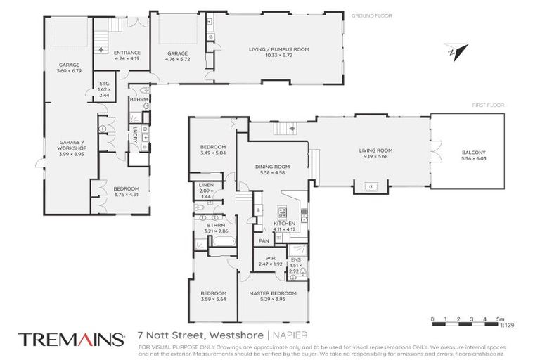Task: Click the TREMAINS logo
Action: pos(71,340)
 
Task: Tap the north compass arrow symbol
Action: pos(460,50)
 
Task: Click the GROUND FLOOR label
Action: pos(371,15)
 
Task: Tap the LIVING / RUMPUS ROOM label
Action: pos(278,49)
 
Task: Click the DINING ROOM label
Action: pos(272,166)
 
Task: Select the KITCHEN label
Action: pos(284,223)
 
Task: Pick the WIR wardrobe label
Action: pos(270,258)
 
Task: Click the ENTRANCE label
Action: pos(127,53)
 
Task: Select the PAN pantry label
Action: pos(264,240)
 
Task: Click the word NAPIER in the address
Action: pos(289,334)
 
